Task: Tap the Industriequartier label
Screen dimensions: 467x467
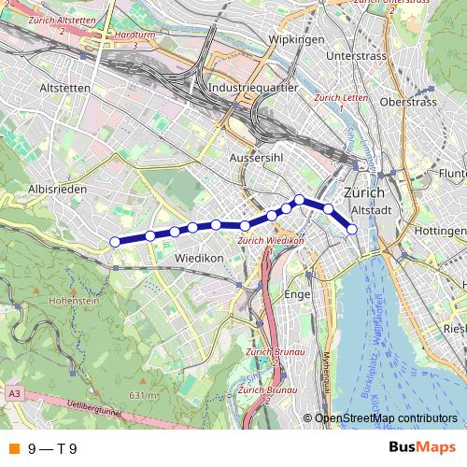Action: click(x=253, y=87)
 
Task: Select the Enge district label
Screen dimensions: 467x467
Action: click(x=296, y=294)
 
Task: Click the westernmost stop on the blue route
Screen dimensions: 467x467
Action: click(x=115, y=242)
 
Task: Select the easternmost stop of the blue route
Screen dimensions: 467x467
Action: click(x=352, y=229)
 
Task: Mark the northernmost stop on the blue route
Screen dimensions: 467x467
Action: click(x=299, y=199)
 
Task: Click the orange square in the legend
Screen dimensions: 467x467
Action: click(x=13, y=449)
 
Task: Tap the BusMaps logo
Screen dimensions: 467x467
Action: click(x=421, y=448)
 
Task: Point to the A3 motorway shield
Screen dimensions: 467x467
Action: click(x=14, y=394)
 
